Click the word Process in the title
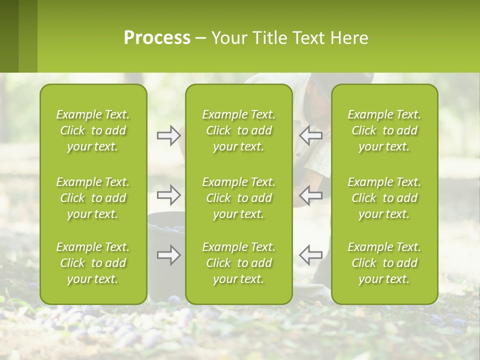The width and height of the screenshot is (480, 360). pyautogui.click(x=157, y=38)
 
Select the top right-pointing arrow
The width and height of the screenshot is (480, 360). pyautogui.click(x=168, y=135)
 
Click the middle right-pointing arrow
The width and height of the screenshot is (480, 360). pyautogui.click(x=168, y=195)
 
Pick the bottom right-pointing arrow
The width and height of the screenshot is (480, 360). pyautogui.click(x=168, y=255)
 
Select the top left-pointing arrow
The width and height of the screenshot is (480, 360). pyautogui.click(x=311, y=135)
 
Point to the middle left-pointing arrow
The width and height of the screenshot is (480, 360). pyautogui.click(x=311, y=195)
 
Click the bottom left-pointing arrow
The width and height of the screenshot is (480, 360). pyautogui.click(x=311, y=255)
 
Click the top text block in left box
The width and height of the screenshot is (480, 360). pyautogui.click(x=93, y=130)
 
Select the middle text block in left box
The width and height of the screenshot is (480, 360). pyautogui.click(x=93, y=198)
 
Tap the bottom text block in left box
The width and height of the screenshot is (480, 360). pyautogui.click(x=93, y=263)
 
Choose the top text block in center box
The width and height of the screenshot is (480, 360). pyautogui.click(x=238, y=130)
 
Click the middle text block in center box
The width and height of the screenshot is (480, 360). pyautogui.click(x=238, y=198)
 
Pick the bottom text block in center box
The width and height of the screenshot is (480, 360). pyautogui.click(x=238, y=263)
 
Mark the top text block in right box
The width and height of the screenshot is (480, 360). pyautogui.click(x=384, y=130)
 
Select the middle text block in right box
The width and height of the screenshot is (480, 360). pyautogui.click(x=384, y=198)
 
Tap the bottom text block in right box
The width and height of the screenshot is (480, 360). pyautogui.click(x=384, y=263)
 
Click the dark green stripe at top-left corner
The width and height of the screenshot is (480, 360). pyautogui.click(x=9, y=36)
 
